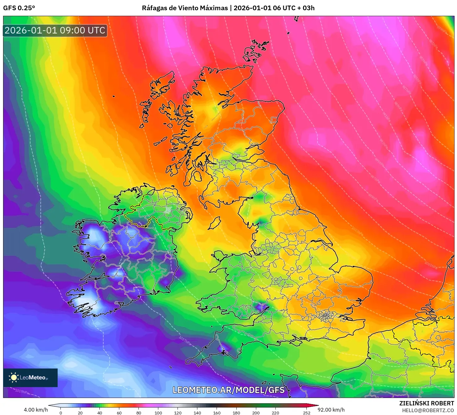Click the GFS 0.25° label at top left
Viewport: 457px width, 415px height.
(19, 8)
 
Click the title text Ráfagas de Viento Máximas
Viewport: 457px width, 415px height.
(185, 8)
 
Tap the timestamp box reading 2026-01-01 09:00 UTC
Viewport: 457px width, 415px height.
(55, 30)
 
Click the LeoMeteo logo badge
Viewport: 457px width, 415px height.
(30, 377)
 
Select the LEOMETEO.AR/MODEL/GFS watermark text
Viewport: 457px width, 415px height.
(228, 390)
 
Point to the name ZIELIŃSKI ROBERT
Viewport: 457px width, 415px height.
(427, 403)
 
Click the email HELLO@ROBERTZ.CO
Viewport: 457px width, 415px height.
(428, 410)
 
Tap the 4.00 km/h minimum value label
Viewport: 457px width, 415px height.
(36, 410)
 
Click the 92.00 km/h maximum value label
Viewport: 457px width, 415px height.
(331, 410)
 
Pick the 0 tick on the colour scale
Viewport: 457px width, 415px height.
(61, 413)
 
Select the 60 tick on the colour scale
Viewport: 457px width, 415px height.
(119, 413)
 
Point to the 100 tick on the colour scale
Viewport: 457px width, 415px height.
(158, 413)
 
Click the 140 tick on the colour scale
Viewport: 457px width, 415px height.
(197, 413)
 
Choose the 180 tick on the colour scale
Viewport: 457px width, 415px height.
(236, 413)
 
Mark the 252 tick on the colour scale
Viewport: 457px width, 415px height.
(307, 413)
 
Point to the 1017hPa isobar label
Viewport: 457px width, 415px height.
(185, 341)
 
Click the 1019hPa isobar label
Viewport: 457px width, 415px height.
(22, 391)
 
